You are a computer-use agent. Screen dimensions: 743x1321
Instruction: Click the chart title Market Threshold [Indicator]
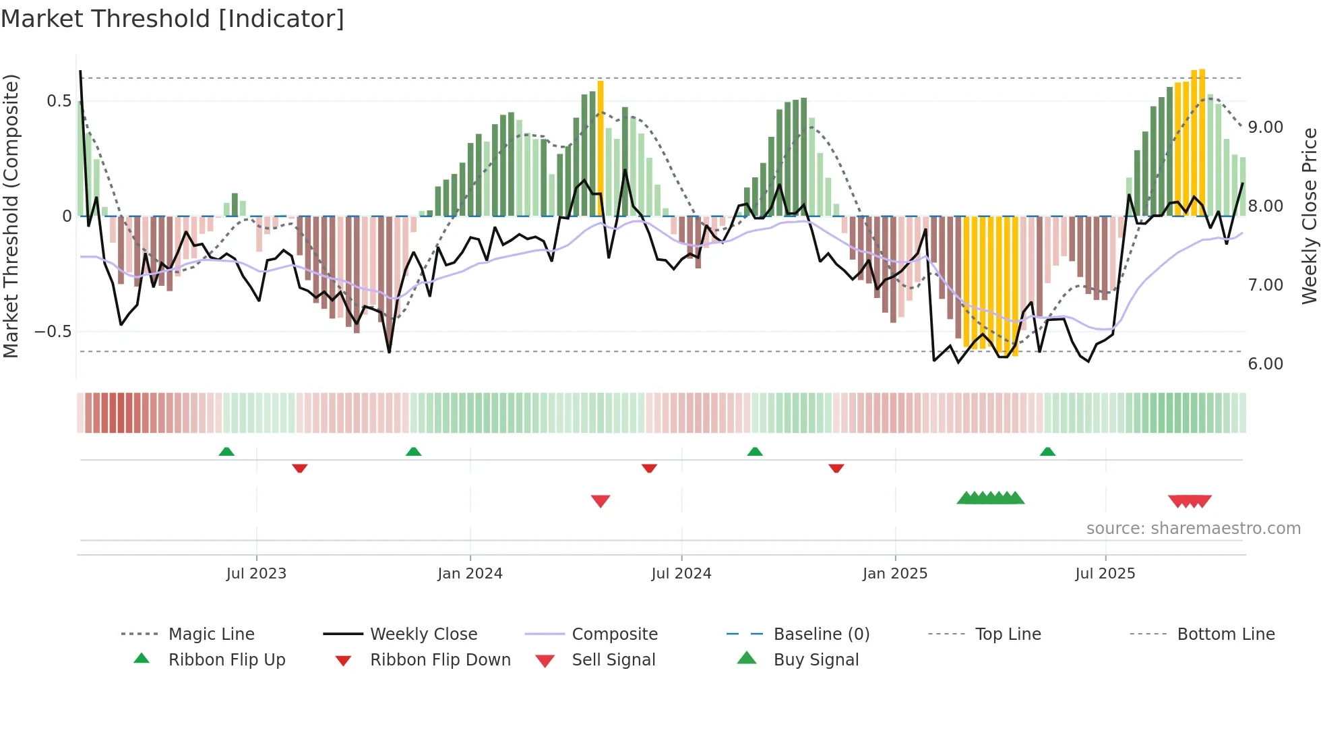point(173,19)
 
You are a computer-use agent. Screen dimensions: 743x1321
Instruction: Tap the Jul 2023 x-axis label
point(256,574)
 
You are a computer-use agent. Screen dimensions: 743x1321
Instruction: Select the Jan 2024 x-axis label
point(470,574)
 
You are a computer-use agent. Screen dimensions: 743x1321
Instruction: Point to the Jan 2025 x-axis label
point(895,574)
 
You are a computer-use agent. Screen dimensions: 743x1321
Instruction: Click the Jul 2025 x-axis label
point(1105,574)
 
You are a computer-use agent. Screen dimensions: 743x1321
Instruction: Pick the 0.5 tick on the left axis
point(59,101)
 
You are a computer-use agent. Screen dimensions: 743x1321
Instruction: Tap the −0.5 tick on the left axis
point(53,332)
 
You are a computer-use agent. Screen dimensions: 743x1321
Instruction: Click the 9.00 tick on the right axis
point(1265,127)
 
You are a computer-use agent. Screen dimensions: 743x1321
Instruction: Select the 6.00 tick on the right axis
point(1265,364)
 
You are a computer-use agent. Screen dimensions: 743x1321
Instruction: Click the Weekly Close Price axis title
point(1309,216)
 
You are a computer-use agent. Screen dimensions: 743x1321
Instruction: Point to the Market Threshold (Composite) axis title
point(11,216)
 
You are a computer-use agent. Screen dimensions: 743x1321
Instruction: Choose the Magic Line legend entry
point(211,634)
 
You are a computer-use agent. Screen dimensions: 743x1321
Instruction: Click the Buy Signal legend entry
point(816,660)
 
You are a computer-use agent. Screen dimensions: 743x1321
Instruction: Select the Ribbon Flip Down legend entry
point(440,660)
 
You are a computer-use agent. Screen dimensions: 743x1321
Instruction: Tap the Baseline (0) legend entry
point(821,634)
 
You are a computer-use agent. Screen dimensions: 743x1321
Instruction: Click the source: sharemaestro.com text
point(1193,529)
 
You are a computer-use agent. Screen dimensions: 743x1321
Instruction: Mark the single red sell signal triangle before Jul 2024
point(601,501)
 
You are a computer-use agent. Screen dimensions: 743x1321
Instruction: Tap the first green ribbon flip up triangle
point(226,452)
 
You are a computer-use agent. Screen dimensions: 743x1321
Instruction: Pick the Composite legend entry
point(614,634)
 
